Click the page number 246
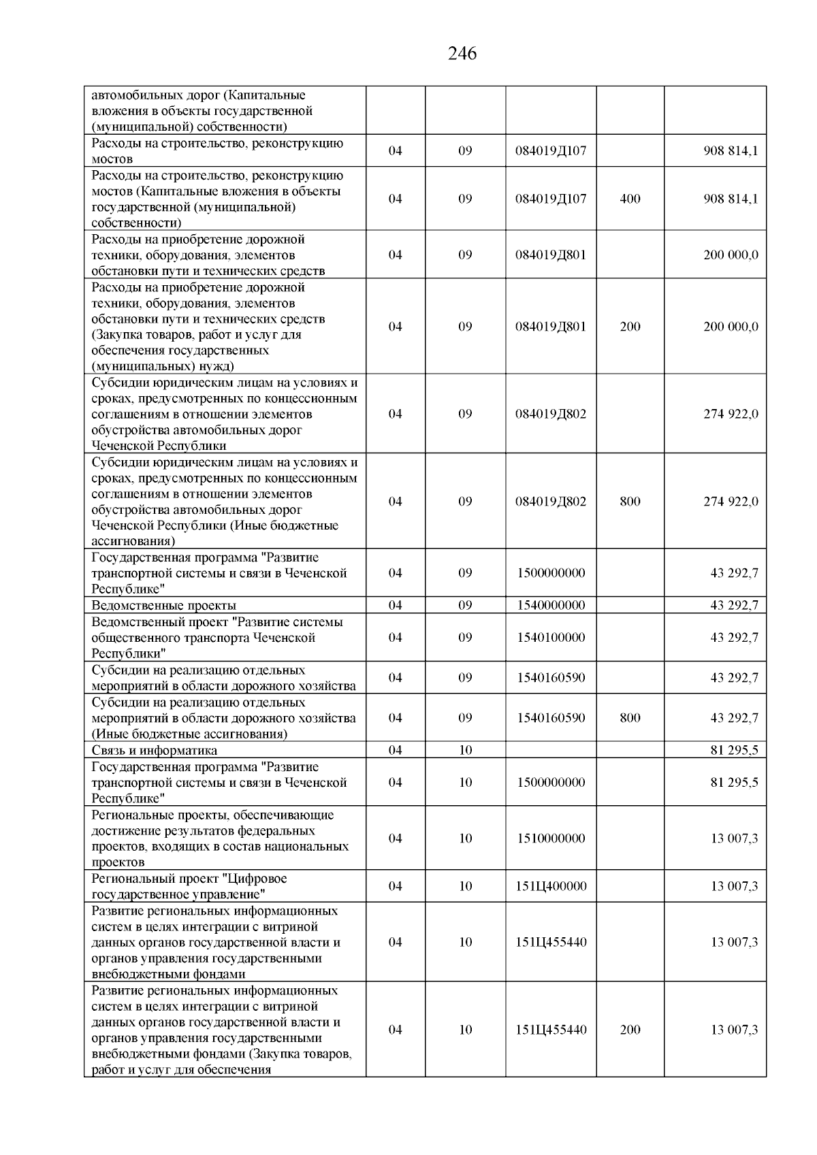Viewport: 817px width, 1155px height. tap(462, 54)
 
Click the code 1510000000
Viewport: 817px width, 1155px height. tap(551, 839)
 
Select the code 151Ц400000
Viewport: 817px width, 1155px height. tap(551, 886)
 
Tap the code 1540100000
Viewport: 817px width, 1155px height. tap(551, 638)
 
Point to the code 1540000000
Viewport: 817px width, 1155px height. tap(551, 605)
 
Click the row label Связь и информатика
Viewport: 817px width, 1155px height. tap(155, 751)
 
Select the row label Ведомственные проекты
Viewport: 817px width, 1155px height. tap(164, 605)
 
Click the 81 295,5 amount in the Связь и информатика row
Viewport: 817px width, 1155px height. tap(734, 751)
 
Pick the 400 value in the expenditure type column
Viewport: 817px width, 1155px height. tap(630, 199)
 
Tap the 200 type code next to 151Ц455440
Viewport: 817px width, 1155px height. tap(630, 1030)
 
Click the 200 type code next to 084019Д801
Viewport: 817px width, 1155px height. tap(630, 327)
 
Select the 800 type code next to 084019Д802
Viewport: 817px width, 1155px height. tap(630, 502)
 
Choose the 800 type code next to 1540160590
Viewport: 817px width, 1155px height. tap(630, 718)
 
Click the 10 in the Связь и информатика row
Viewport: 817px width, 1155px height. tap(465, 751)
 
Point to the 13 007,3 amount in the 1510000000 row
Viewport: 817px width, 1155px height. tap(734, 839)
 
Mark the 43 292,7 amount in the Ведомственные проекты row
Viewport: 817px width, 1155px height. tap(734, 605)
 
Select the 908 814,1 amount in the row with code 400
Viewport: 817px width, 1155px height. tap(731, 199)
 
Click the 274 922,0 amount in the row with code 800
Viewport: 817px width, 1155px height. tap(731, 502)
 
